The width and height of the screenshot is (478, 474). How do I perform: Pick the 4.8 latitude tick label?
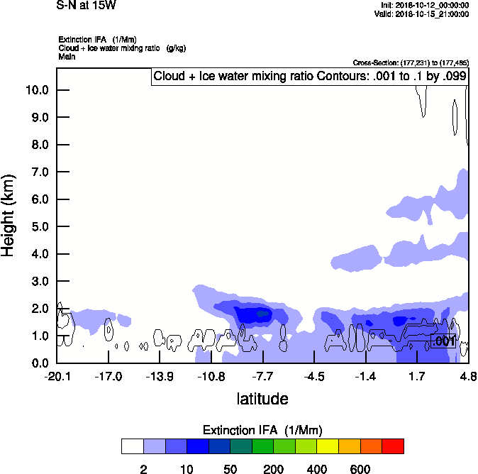(468, 375)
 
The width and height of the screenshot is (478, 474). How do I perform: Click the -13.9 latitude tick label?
(160, 375)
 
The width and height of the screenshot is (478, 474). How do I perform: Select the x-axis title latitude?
(262, 399)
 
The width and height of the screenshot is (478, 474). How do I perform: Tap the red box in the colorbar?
(393, 446)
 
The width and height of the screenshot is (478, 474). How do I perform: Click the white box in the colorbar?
(132, 446)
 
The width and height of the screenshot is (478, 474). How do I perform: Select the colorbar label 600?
(360, 469)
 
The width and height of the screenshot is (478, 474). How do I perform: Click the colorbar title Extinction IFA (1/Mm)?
(262, 430)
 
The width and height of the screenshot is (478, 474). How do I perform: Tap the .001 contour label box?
(443, 342)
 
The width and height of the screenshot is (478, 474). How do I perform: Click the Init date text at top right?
(424, 5)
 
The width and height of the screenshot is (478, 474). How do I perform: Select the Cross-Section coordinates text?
(410, 62)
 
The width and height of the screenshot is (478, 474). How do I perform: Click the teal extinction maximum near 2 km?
(263, 313)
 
